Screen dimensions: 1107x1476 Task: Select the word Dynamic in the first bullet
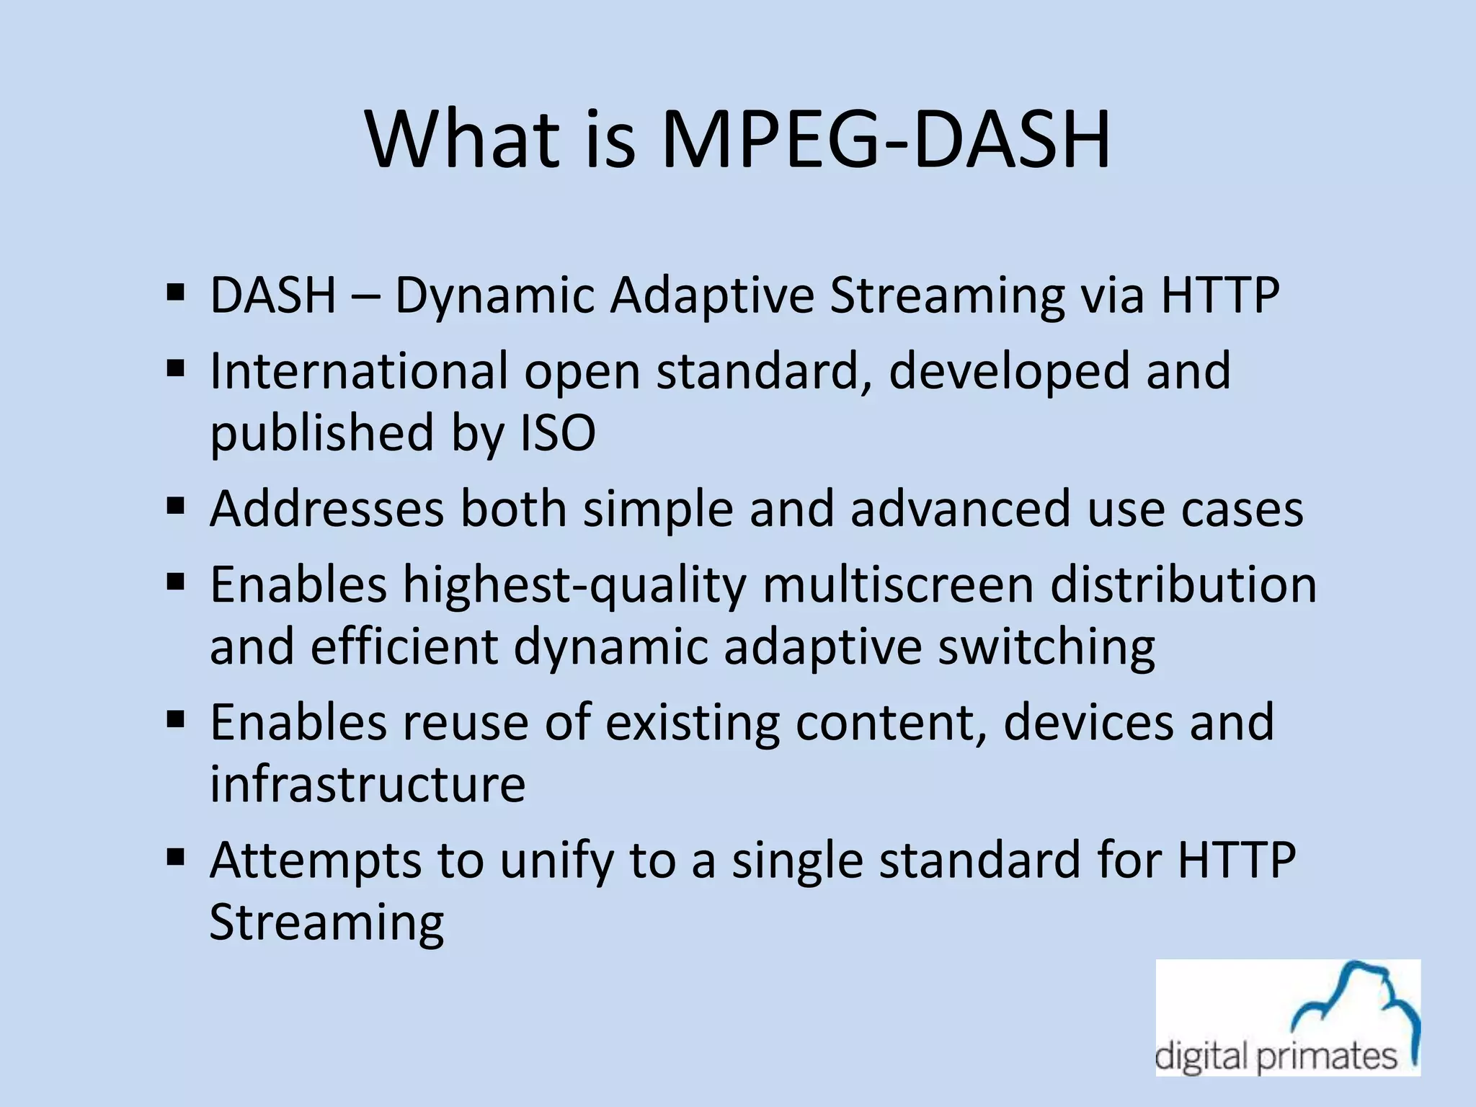pos(494,295)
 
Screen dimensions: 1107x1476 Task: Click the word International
pos(359,370)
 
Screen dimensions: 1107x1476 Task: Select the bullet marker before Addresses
pos(175,506)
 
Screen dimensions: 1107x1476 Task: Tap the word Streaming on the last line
pos(326,922)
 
